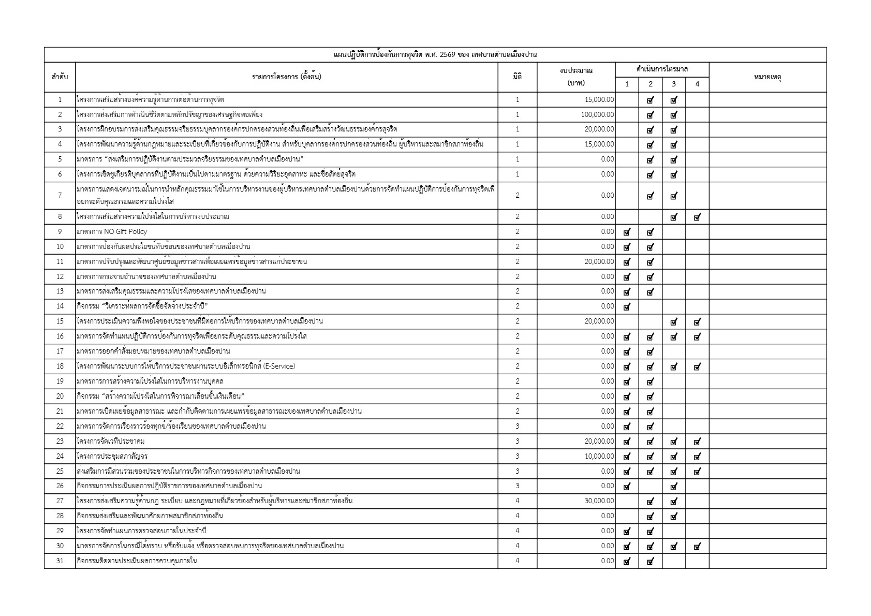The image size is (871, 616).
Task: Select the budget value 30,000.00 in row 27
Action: [599, 501]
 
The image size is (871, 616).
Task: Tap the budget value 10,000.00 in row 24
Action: [599, 456]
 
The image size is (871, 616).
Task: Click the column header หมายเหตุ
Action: [767, 77]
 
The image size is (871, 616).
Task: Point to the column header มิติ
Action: [517, 77]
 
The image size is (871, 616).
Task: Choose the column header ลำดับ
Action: [60, 77]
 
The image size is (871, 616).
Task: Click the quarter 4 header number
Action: [697, 84]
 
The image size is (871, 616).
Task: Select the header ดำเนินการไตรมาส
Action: [662, 69]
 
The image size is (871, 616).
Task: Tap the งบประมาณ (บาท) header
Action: [575, 77]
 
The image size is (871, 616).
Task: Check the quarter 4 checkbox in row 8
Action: [697, 217]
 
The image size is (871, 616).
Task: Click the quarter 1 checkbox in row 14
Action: [627, 306]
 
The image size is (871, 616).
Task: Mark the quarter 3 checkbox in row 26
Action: [673, 486]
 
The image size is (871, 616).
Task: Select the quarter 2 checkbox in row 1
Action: [650, 100]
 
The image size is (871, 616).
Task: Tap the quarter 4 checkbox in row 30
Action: [697, 546]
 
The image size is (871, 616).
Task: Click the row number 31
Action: [60, 561]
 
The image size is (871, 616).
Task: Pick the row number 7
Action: [60, 195]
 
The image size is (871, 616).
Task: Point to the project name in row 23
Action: [110, 441]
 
